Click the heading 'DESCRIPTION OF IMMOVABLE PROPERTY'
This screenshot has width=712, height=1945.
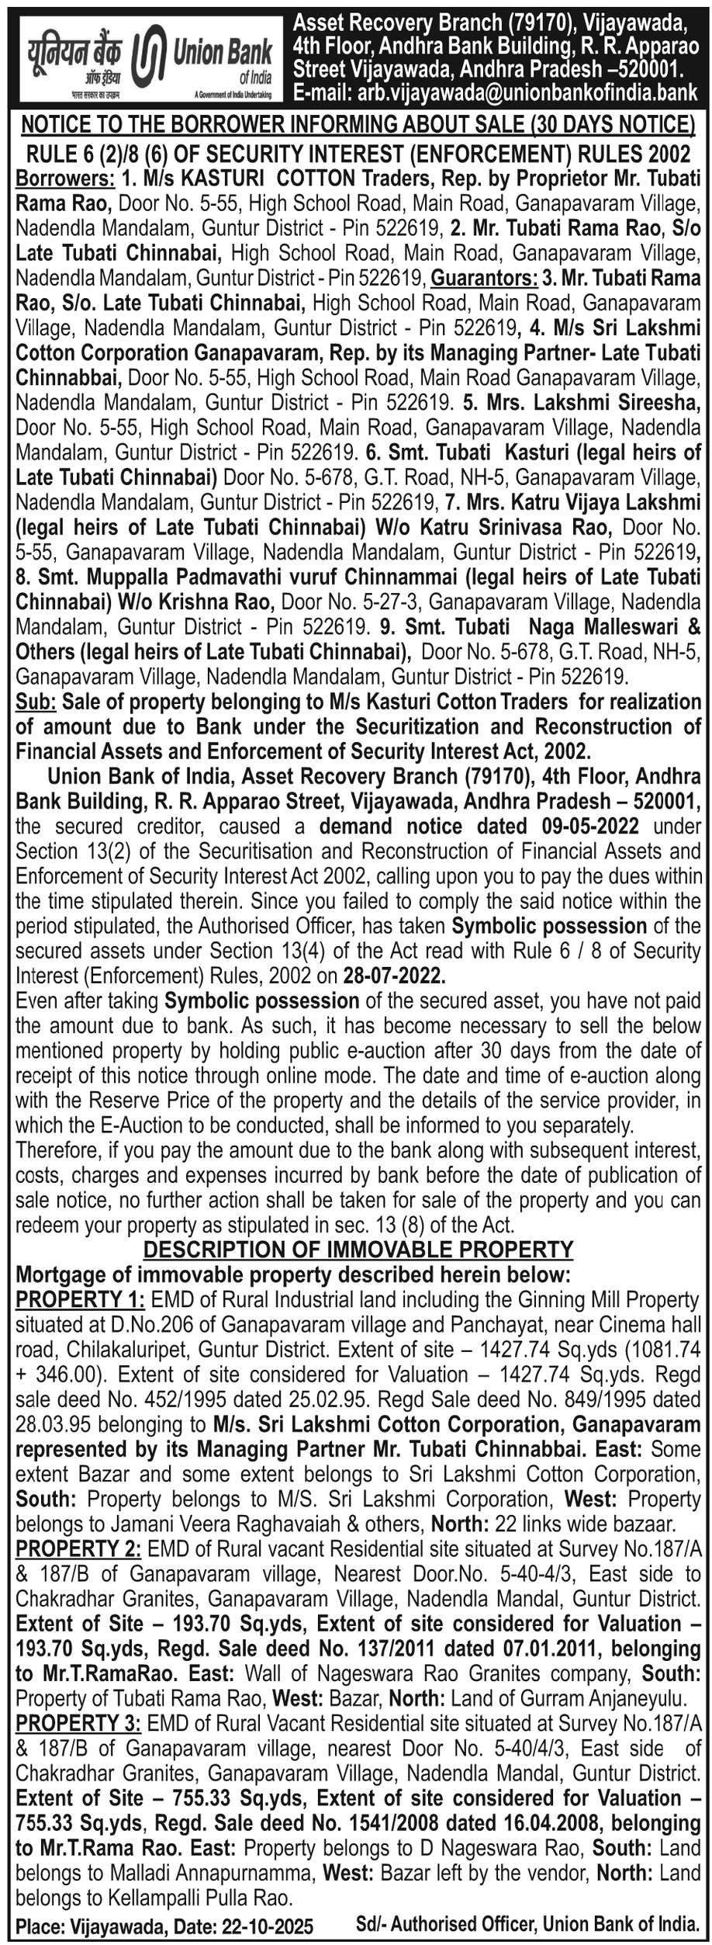[358, 1249]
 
